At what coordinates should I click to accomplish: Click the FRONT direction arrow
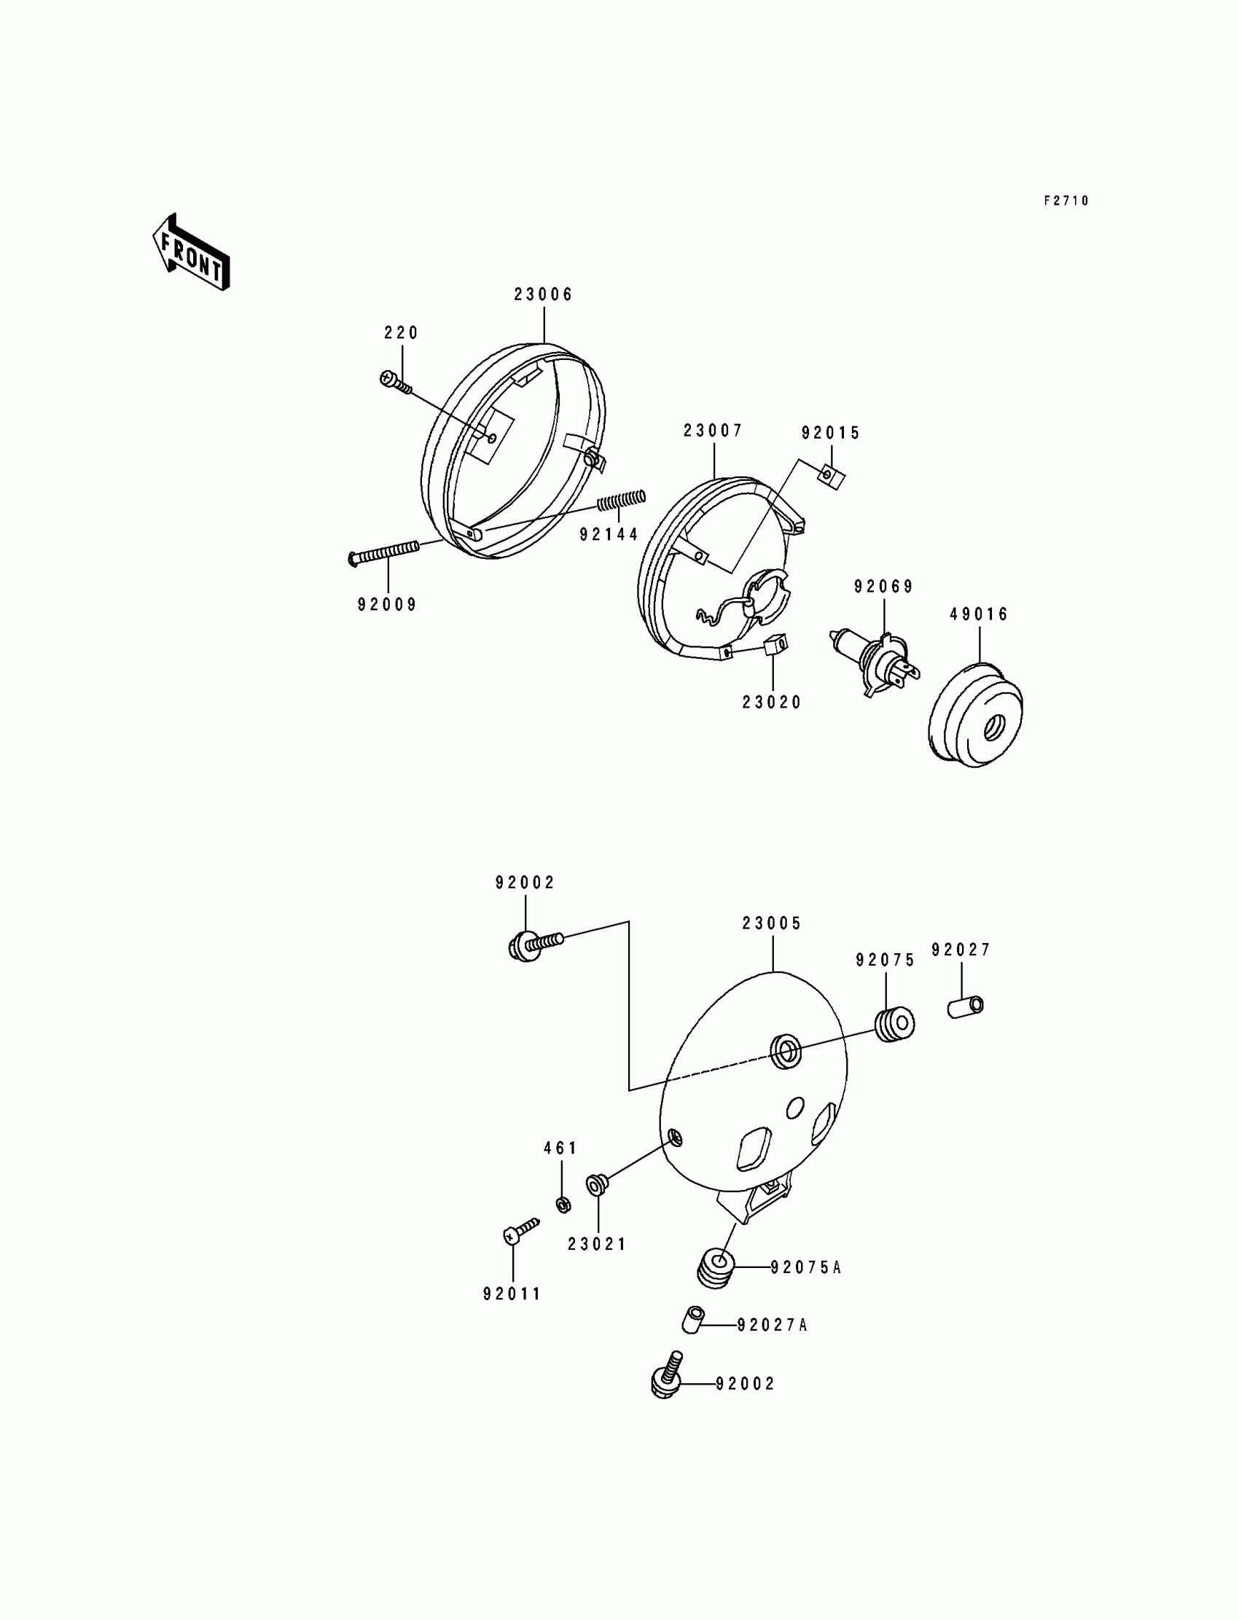coord(191,253)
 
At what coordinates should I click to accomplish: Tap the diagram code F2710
coord(1066,200)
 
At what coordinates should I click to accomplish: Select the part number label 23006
coord(543,294)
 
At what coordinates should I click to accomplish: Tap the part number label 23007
coord(713,431)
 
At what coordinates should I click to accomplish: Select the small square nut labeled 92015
coord(832,477)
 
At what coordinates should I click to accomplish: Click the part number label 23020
coord(771,702)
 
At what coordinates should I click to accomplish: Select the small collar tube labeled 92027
coord(966,1006)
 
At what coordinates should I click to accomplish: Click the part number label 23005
coord(771,923)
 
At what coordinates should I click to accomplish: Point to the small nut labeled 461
coord(563,1205)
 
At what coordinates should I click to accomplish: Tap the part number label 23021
coord(597,1245)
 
